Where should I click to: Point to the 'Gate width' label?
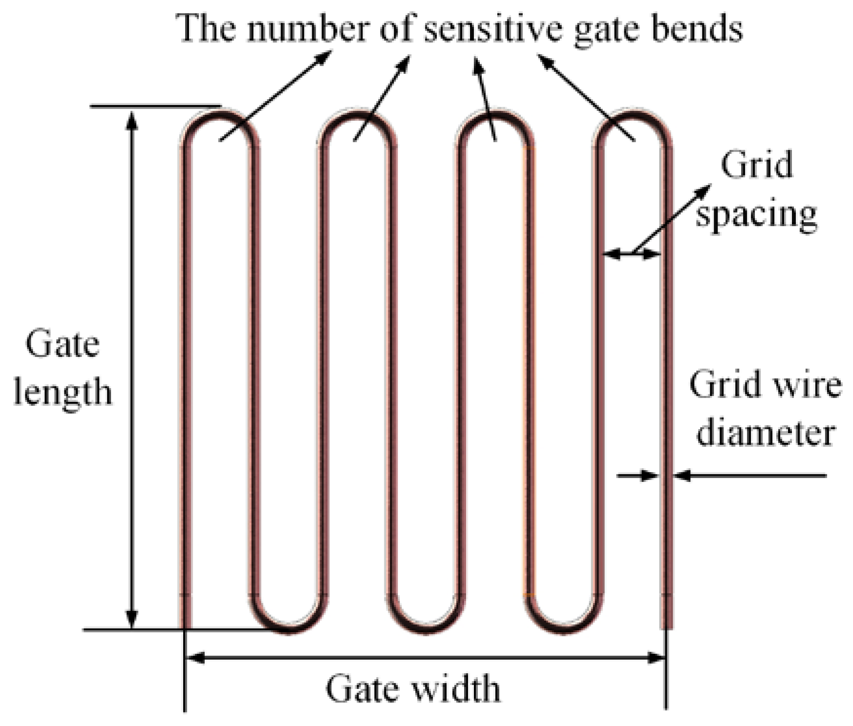413,688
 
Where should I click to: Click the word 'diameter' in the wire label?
765,432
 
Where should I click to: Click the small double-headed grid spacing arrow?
632,253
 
